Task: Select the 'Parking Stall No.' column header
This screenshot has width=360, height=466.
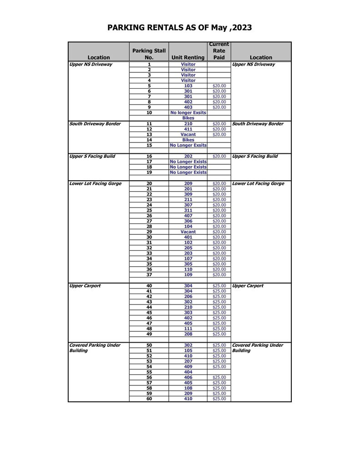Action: pos(149,54)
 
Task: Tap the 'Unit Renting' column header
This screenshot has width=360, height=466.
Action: pos(188,57)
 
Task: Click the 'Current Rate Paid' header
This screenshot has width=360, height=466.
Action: pos(219,51)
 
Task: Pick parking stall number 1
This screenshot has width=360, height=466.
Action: pos(149,65)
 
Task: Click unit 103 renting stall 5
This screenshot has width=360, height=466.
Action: pos(188,86)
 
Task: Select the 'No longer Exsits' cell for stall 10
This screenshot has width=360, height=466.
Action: pos(188,113)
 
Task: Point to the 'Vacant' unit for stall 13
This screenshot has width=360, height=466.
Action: pos(188,135)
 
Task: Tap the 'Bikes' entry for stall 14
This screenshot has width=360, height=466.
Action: pos(188,140)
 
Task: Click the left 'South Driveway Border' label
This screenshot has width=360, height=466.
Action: pos(95,124)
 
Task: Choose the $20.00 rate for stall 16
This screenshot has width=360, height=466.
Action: pos(219,157)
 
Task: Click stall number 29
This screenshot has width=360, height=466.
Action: pos(149,232)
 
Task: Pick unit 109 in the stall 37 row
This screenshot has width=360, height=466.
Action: pos(188,275)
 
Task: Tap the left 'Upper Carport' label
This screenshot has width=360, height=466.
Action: pos(85,286)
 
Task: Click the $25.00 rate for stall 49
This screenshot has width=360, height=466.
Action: pos(219,334)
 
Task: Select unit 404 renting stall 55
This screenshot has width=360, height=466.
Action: pos(188,372)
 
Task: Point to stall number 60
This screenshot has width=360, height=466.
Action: pos(149,399)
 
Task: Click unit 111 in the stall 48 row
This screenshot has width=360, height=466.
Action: pos(188,329)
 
